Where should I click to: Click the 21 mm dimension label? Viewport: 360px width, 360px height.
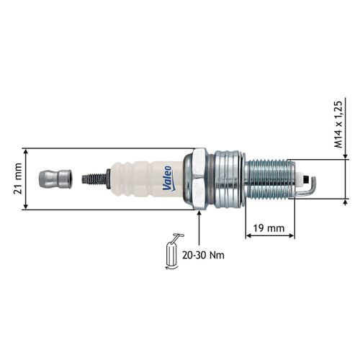click(16, 179)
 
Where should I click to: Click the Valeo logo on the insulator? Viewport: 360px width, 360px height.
click(166, 179)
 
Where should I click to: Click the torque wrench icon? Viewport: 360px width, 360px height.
click(173, 251)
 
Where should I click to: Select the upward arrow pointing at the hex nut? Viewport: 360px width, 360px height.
click(197, 227)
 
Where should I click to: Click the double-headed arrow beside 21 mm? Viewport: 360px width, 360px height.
click(27, 179)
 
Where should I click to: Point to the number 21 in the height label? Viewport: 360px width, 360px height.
click(16, 189)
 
